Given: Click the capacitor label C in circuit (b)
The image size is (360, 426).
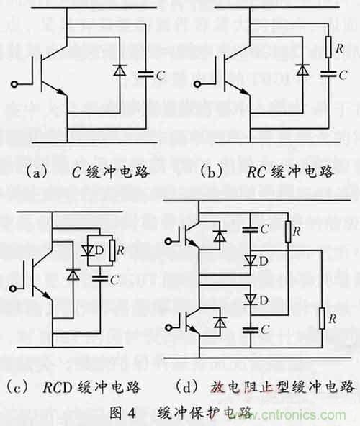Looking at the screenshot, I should point(342,73).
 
